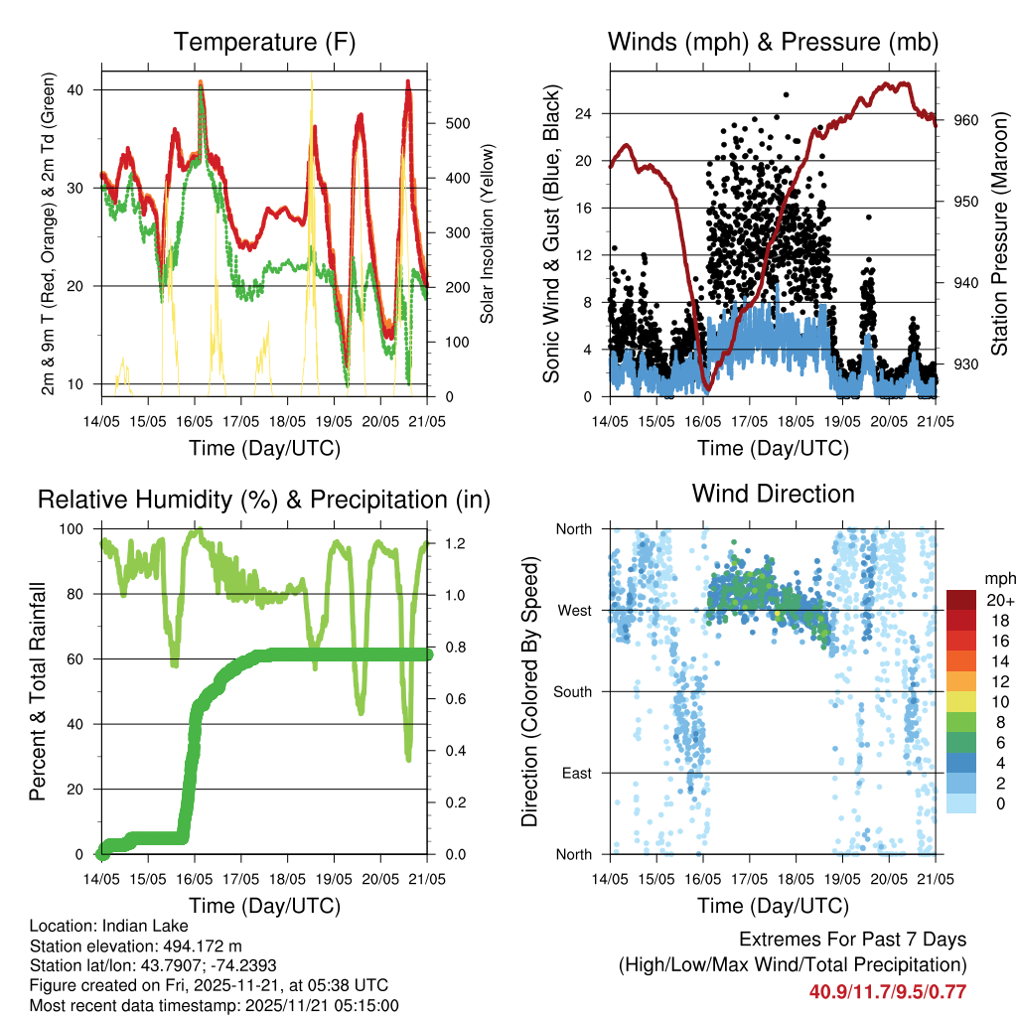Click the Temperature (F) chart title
coord(264,42)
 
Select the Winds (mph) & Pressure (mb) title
coord(773,42)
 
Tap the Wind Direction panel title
coord(773,493)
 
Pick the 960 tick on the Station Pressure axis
coord(967,120)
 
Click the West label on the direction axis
coord(574,611)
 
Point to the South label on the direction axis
coord(572,692)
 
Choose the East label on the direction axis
coord(576,774)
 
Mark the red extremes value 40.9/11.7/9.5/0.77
coord(888,991)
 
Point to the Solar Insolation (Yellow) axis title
coord(488,234)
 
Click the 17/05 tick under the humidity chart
coord(241,879)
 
